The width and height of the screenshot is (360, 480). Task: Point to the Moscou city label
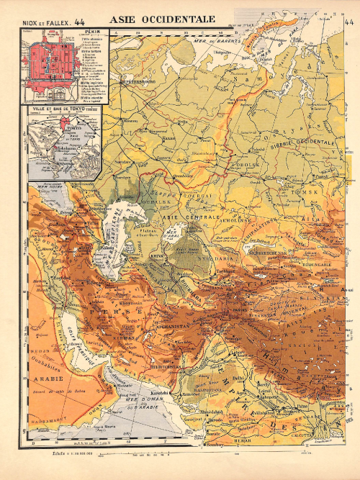pyautogui.click(x=130, y=121)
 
